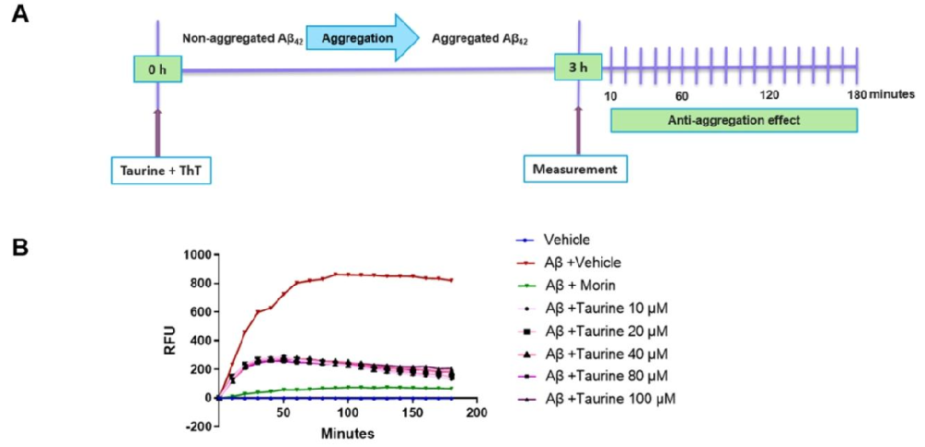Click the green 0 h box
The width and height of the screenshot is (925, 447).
click(157, 68)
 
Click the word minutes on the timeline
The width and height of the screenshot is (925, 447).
click(893, 94)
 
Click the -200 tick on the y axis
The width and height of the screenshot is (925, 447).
click(195, 426)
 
